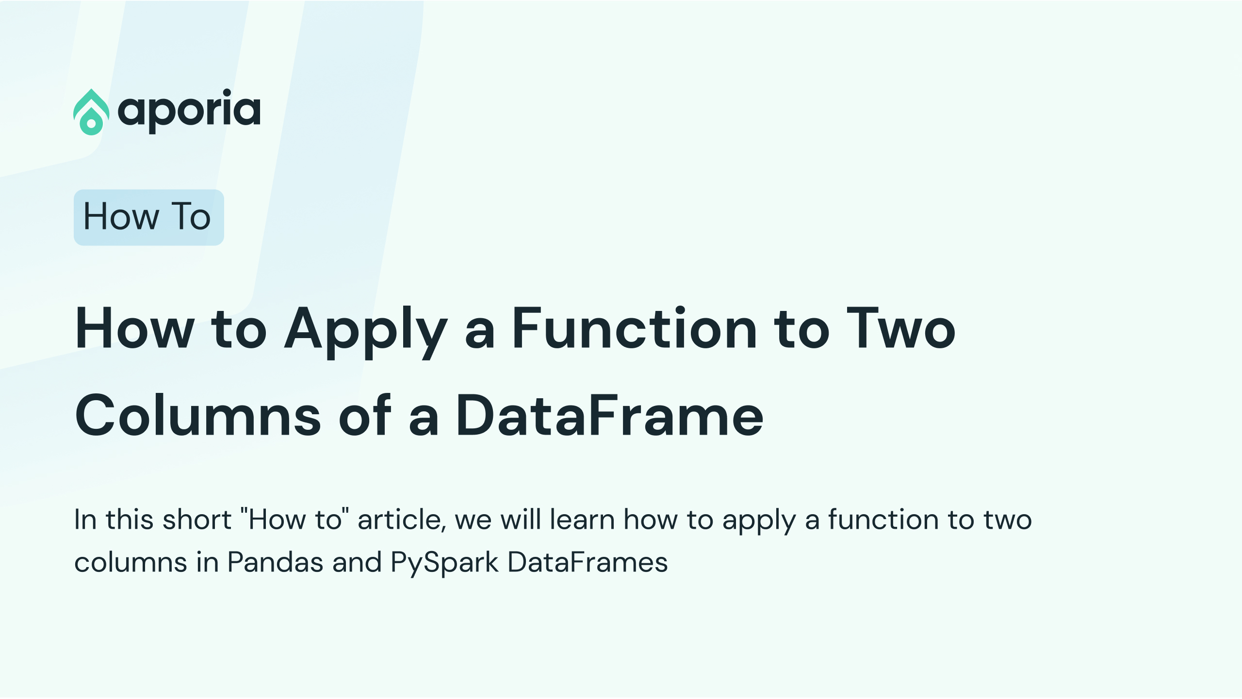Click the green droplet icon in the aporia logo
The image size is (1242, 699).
[91, 112]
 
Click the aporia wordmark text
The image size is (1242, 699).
[189, 111]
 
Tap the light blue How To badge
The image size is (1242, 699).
[148, 217]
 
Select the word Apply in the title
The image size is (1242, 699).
[366, 332]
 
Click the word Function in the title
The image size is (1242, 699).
[635, 328]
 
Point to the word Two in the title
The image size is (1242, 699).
[901, 328]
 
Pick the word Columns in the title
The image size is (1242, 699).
[198, 416]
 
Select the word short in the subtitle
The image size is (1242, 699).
[197, 520]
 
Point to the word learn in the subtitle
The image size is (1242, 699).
[582, 520]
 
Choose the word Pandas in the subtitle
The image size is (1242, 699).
[275, 563]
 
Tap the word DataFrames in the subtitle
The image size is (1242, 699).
[588, 563]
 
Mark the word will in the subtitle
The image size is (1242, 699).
[521, 520]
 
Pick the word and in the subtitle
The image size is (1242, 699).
[357, 563]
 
